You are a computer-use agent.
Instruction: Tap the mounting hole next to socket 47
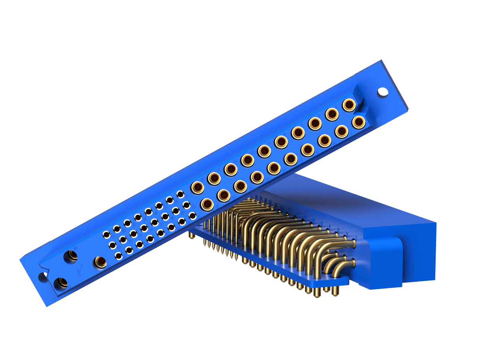click(43, 277)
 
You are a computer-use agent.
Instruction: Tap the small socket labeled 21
click(180, 194)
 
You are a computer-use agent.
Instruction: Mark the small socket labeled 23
click(192, 215)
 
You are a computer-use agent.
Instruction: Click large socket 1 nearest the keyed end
click(349, 105)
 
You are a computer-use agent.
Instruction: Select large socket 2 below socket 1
click(358, 122)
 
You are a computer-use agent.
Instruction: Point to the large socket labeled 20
click(207, 204)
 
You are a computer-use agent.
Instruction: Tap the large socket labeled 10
click(291, 159)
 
